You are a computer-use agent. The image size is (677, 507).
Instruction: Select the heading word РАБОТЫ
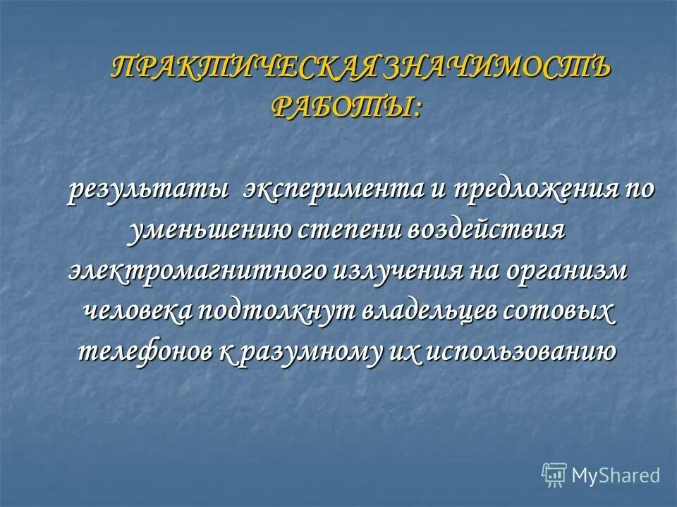[x=346, y=106]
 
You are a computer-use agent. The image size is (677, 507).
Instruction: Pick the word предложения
[x=534, y=192]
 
